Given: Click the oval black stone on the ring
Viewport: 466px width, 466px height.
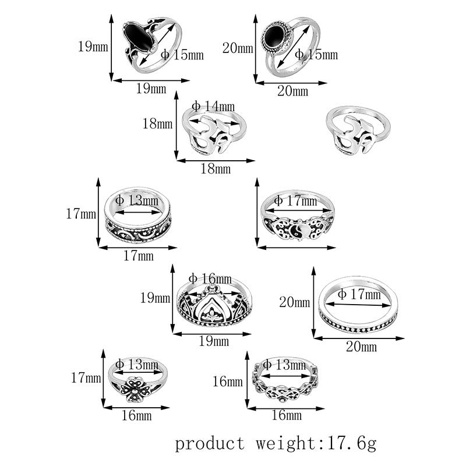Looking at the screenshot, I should coord(140,37).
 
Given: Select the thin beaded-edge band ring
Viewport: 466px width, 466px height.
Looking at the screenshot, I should coord(358,306).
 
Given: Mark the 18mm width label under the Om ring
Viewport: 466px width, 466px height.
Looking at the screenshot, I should coord(215,170).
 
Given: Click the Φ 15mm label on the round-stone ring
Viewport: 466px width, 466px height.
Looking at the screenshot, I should coord(316,55).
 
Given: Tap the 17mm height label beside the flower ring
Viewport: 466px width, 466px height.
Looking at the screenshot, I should coord(86,378).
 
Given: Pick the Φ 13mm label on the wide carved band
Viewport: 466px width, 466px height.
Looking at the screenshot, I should coord(137,200).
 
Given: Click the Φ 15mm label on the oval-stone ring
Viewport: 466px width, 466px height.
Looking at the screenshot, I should coord(182,55).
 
